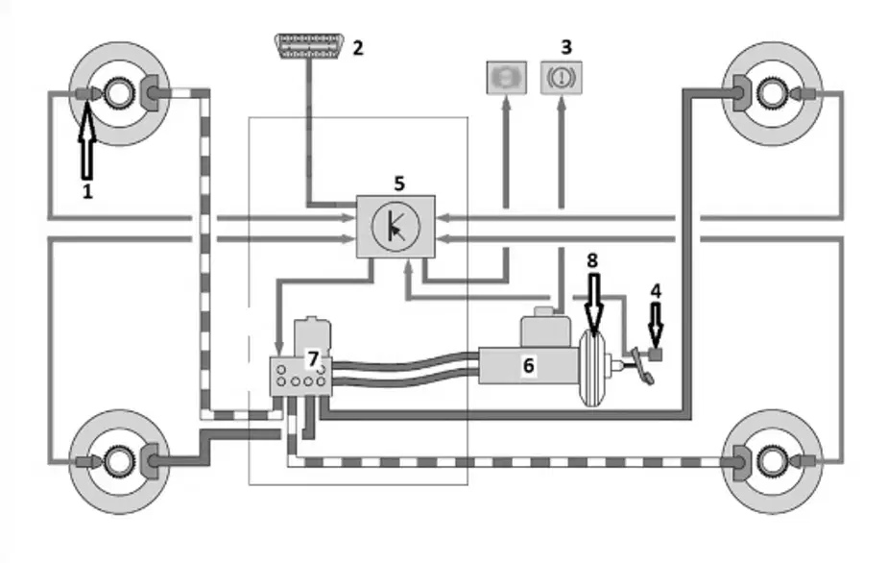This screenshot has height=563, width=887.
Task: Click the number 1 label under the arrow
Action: tap(87, 191)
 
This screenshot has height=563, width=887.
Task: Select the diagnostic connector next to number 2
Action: tap(309, 46)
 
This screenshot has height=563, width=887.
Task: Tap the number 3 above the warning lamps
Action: tap(566, 47)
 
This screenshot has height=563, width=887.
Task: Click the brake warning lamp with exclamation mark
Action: tap(562, 78)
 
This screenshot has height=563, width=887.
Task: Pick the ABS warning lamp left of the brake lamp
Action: tap(507, 78)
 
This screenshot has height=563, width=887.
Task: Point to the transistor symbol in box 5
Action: tap(396, 227)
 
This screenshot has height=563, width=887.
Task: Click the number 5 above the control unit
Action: tap(399, 184)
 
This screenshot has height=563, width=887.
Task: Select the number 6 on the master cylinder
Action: tap(528, 365)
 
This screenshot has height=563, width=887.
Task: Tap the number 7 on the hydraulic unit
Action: tap(313, 358)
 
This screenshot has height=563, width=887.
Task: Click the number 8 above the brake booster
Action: tap(592, 260)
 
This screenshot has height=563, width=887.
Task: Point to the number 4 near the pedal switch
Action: tap(656, 291)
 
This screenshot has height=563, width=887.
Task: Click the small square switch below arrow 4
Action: tap(656, 355)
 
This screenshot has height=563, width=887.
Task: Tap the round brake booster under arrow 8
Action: tap(591, 368)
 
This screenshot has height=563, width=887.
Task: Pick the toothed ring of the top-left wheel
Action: tap(119, 93)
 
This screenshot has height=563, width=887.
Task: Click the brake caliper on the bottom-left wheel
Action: tap(151, 461)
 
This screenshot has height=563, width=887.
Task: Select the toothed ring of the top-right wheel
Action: tap(773, 93)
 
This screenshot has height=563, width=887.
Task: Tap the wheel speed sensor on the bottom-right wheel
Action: tap(806, 461)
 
